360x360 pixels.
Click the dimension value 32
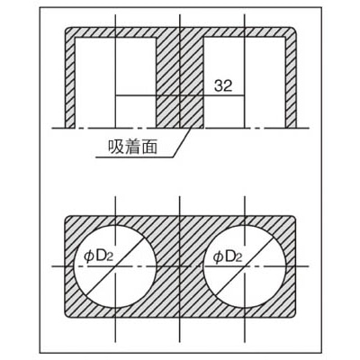(x=223, y=85)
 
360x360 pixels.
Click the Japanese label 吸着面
(x=132, y=147)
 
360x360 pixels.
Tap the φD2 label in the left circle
(x=99, y=256)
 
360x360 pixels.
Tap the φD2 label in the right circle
(x=227, y=257)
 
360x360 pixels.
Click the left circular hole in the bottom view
(x=115, y=266)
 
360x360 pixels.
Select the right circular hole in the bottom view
(x=245, y=266)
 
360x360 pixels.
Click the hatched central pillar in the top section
(x=180, y=83)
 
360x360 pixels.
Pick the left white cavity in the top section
(x=115, y=83)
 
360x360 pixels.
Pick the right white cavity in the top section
(x=245, y=83)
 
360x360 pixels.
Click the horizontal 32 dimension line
(x=180, y=95)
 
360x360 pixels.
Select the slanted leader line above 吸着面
(x=183, y=142)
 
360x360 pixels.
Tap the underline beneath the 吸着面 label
(x=135, y=157)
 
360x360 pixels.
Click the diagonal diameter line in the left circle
(x=115, y=266)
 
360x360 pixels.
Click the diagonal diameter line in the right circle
(x=245, y=266)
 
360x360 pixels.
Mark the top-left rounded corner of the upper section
(x=67, y=30)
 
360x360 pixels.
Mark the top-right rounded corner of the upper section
(x=294, y=30)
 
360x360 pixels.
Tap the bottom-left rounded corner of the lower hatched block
(x=67, y=314)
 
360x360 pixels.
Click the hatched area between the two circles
(x=180, y=266)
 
